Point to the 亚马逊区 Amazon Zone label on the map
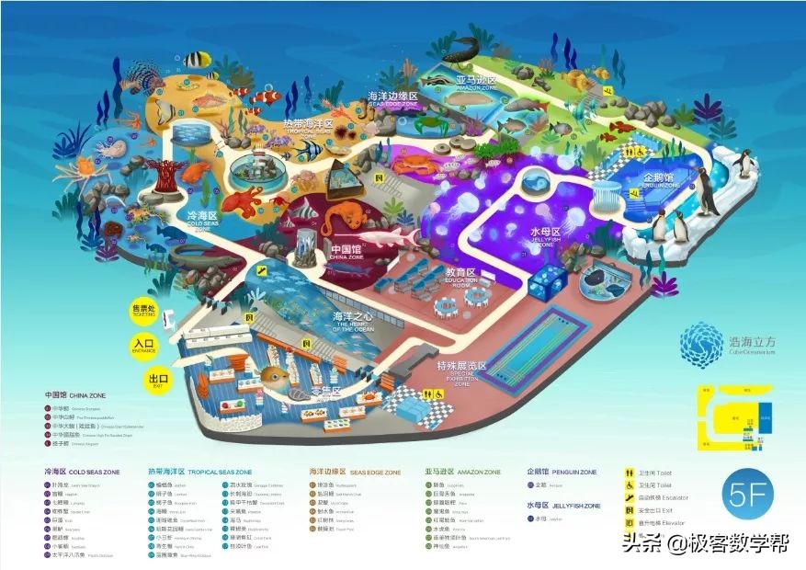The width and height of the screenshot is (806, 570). pos(476,82)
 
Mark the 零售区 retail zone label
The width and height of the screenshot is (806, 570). pos(324,392)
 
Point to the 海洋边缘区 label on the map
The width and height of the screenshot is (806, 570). pos(393,97)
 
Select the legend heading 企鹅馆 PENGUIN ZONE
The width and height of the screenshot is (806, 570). pos(562,472)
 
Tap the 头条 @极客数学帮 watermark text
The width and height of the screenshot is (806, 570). pos(705,543)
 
